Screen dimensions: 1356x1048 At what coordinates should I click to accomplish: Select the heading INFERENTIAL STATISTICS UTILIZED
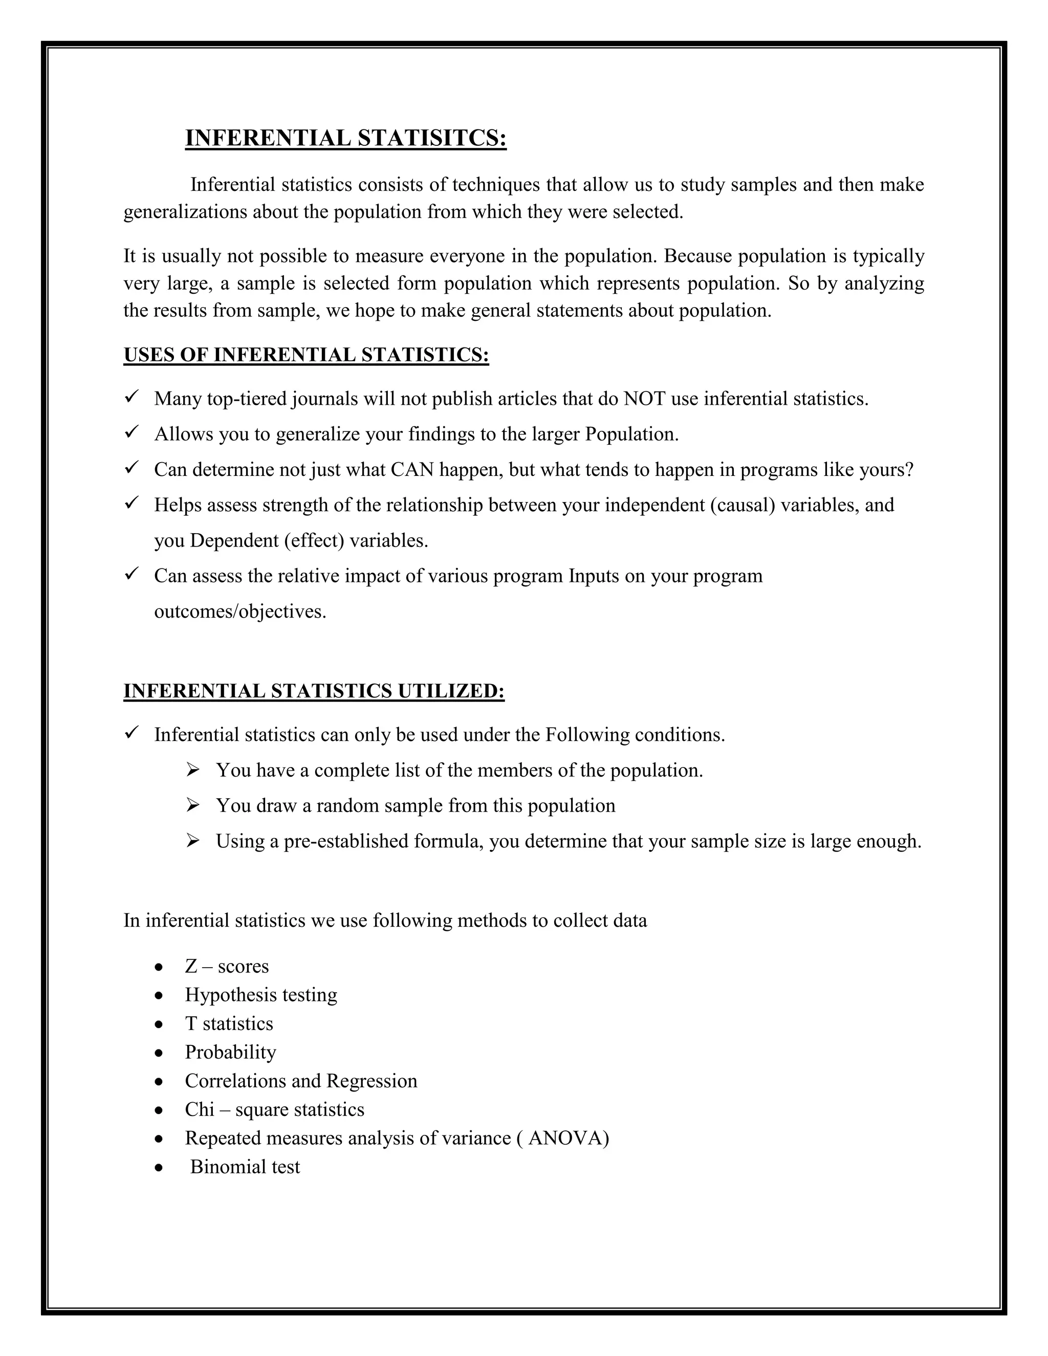pos(314,691)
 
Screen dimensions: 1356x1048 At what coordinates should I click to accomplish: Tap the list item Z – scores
pos(227,966)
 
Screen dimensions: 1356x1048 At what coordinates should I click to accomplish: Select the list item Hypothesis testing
pos(261,995)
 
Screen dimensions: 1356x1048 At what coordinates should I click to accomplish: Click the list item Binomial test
pos(245,1167)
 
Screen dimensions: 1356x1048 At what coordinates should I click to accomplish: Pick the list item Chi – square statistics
pos(274,1109)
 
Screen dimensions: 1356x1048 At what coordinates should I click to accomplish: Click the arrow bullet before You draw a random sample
pos(192,806)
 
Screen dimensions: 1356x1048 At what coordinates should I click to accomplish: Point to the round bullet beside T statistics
pos(160,1024)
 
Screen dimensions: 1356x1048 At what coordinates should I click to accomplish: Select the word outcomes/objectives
pos(241,611)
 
